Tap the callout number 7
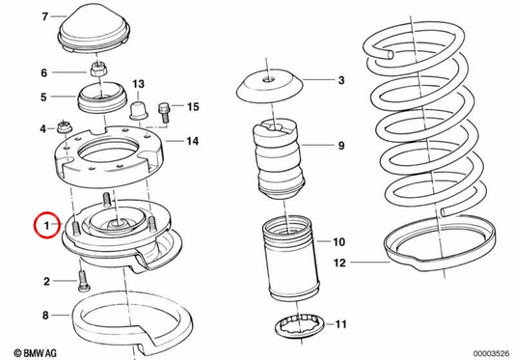[45, 16]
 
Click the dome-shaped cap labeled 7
[95, 29]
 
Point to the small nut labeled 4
[65, 127]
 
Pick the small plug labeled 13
[139, 111]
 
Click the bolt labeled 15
[165, 113]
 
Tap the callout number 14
[193, 141]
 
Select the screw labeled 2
[84, 281]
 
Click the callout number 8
[45, 316]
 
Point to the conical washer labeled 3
[270, 85]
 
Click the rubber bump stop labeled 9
[279, 159]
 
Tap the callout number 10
[338, 242]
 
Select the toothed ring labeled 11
[301, 325]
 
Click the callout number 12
[339, 263]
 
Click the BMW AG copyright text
[35, 353]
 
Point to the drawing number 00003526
[491, 353]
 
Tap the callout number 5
[43, 97]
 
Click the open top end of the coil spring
[391, 54]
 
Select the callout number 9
[341, 146]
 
